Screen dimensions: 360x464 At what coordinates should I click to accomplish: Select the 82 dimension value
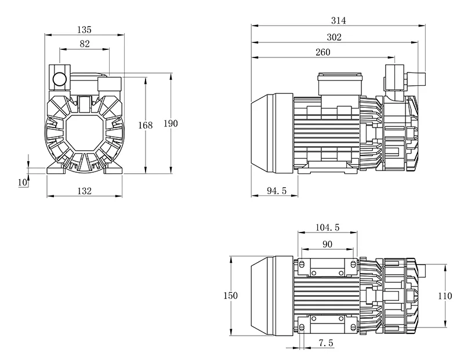click(x=85, y=44)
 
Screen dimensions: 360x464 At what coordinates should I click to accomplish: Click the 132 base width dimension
click(x=85, y=191)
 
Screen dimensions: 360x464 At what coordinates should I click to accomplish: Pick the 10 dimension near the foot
click(x=23, y=182)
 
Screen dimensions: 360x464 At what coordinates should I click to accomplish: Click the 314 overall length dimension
click(x=338, y=20)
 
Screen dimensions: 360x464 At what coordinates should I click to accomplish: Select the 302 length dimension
click(x=334, y=37)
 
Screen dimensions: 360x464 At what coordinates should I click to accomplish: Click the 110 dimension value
click(x=445, y=296)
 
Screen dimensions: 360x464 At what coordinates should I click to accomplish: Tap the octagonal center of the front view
click(x=85, y=133)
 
